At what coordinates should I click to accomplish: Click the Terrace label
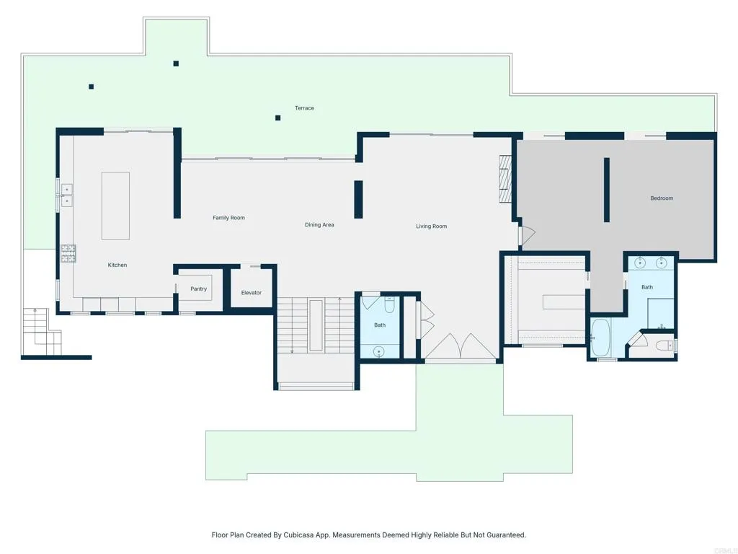(x=304, y=108)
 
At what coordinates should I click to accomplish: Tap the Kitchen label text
(x=117, y=265)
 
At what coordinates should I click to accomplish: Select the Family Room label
(x=228, y=218)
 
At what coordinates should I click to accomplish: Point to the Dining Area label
(x=319, y=225)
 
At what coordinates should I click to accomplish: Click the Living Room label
(x=431, y=227)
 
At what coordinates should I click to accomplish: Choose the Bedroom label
(x=662, y=198)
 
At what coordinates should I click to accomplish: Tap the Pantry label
(x=198, y=289)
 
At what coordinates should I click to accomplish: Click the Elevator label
(x=252, y=293)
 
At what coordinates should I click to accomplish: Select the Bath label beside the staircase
(x=380, y=325)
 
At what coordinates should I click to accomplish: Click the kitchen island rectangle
(x=115, y=206)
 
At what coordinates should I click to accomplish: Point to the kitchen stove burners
(x=68, y=252)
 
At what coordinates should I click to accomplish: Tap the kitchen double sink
(x=66, y=195)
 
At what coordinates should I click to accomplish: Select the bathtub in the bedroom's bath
(x=600, y=338)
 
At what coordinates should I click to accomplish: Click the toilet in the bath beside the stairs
(x=389, y=306)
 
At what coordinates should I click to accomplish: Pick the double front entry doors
(x=461, y=347)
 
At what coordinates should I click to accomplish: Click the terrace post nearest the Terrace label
(x=277, y=118)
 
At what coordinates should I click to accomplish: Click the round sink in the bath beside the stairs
(x=378, y=352)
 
